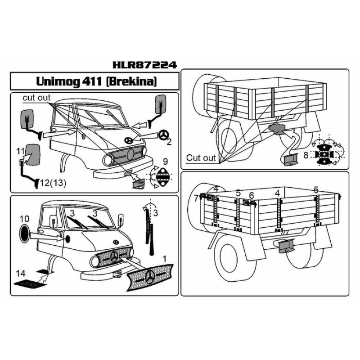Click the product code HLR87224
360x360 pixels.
pos(144,65)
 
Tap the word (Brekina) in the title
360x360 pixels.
pos(132,81)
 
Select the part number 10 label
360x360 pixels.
pos(24,219)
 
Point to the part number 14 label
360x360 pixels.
pos(20,274)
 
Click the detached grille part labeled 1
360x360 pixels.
pos(150,277)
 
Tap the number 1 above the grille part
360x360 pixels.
pos(164,259)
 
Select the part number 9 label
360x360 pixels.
pos(165,162)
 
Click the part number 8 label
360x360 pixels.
pos(306,155)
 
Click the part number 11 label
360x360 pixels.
pos(20,151)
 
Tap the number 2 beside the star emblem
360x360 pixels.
pos(169,142)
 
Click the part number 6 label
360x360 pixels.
pos(252,196)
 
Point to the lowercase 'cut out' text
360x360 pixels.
pos(36,98)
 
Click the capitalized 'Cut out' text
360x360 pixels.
pos(201,158)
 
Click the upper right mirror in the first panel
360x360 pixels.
pos(161,104)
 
